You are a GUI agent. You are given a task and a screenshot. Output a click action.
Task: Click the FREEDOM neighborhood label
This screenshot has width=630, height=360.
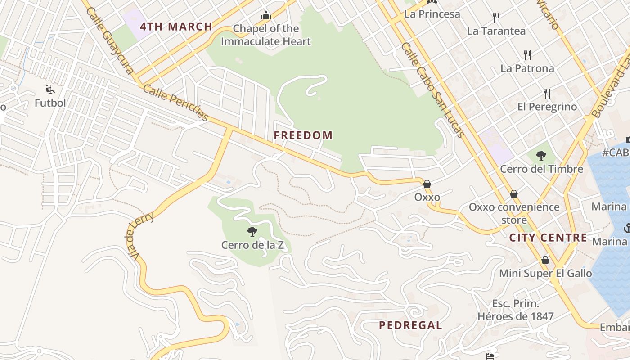[303, 135]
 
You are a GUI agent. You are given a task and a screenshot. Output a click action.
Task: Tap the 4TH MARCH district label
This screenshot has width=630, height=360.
[176, 27]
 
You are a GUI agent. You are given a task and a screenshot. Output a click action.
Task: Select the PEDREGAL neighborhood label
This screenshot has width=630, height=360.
[410, 325]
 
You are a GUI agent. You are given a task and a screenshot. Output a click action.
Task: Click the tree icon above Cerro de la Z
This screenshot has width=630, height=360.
[252, 232]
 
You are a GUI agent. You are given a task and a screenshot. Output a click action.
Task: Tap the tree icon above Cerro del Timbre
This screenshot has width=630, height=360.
[541, 156]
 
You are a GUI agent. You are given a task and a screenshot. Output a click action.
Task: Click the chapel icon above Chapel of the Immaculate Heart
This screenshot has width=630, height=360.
[266, 16]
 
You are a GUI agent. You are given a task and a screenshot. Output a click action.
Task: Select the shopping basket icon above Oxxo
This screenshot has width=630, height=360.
[427, 184]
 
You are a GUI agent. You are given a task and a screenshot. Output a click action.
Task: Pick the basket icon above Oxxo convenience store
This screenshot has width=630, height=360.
[514, 194]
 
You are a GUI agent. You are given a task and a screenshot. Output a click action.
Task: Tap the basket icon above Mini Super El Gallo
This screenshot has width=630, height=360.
[545, 260]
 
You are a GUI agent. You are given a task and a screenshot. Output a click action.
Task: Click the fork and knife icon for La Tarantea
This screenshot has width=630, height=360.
[496, 18]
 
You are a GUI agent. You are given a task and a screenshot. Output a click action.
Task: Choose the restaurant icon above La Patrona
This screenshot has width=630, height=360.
[527, 55]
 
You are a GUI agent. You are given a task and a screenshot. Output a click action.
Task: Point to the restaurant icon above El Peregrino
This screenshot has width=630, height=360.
[547, 94]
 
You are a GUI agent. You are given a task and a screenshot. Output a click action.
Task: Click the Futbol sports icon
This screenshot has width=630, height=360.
[50, 90]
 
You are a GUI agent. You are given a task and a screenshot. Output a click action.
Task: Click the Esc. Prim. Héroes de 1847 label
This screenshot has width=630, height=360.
[516, 310]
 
